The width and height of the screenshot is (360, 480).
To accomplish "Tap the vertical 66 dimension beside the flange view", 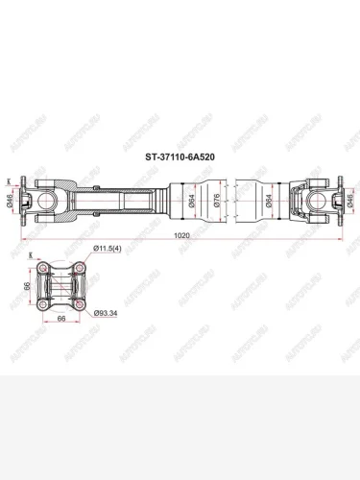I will [28, 285].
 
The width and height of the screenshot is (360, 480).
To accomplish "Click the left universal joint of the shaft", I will [48, 199].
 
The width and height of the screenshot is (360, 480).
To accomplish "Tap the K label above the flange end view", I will [32, 254].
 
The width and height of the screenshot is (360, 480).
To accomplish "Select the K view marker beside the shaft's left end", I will [10, 181].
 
